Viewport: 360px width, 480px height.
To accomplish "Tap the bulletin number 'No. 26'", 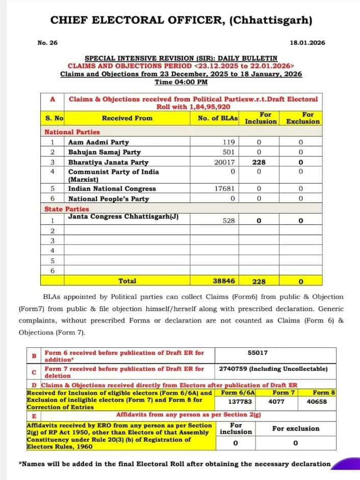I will [47, 43].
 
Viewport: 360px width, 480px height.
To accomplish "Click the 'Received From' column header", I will [127, 118].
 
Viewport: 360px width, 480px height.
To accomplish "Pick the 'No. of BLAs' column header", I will [218, 118].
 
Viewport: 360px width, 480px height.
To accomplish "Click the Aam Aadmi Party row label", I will [98, 142].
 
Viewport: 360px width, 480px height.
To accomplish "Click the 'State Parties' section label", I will [66, 209].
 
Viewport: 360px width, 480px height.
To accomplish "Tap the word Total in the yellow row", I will [127, 281].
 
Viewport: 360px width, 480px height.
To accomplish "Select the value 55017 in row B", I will [258, 352].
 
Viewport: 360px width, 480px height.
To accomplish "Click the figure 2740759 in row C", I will [236, 369].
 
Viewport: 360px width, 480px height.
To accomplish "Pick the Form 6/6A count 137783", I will [237, 401].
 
